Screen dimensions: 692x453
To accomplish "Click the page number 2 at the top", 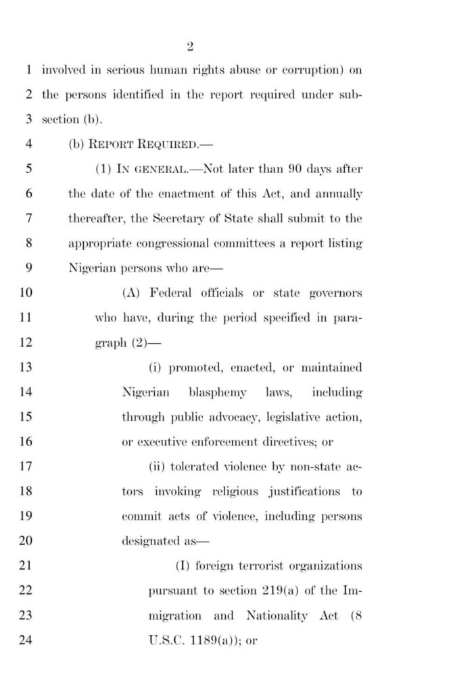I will pos(190,46).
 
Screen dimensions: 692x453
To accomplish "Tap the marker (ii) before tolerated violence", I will pos(157,467).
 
